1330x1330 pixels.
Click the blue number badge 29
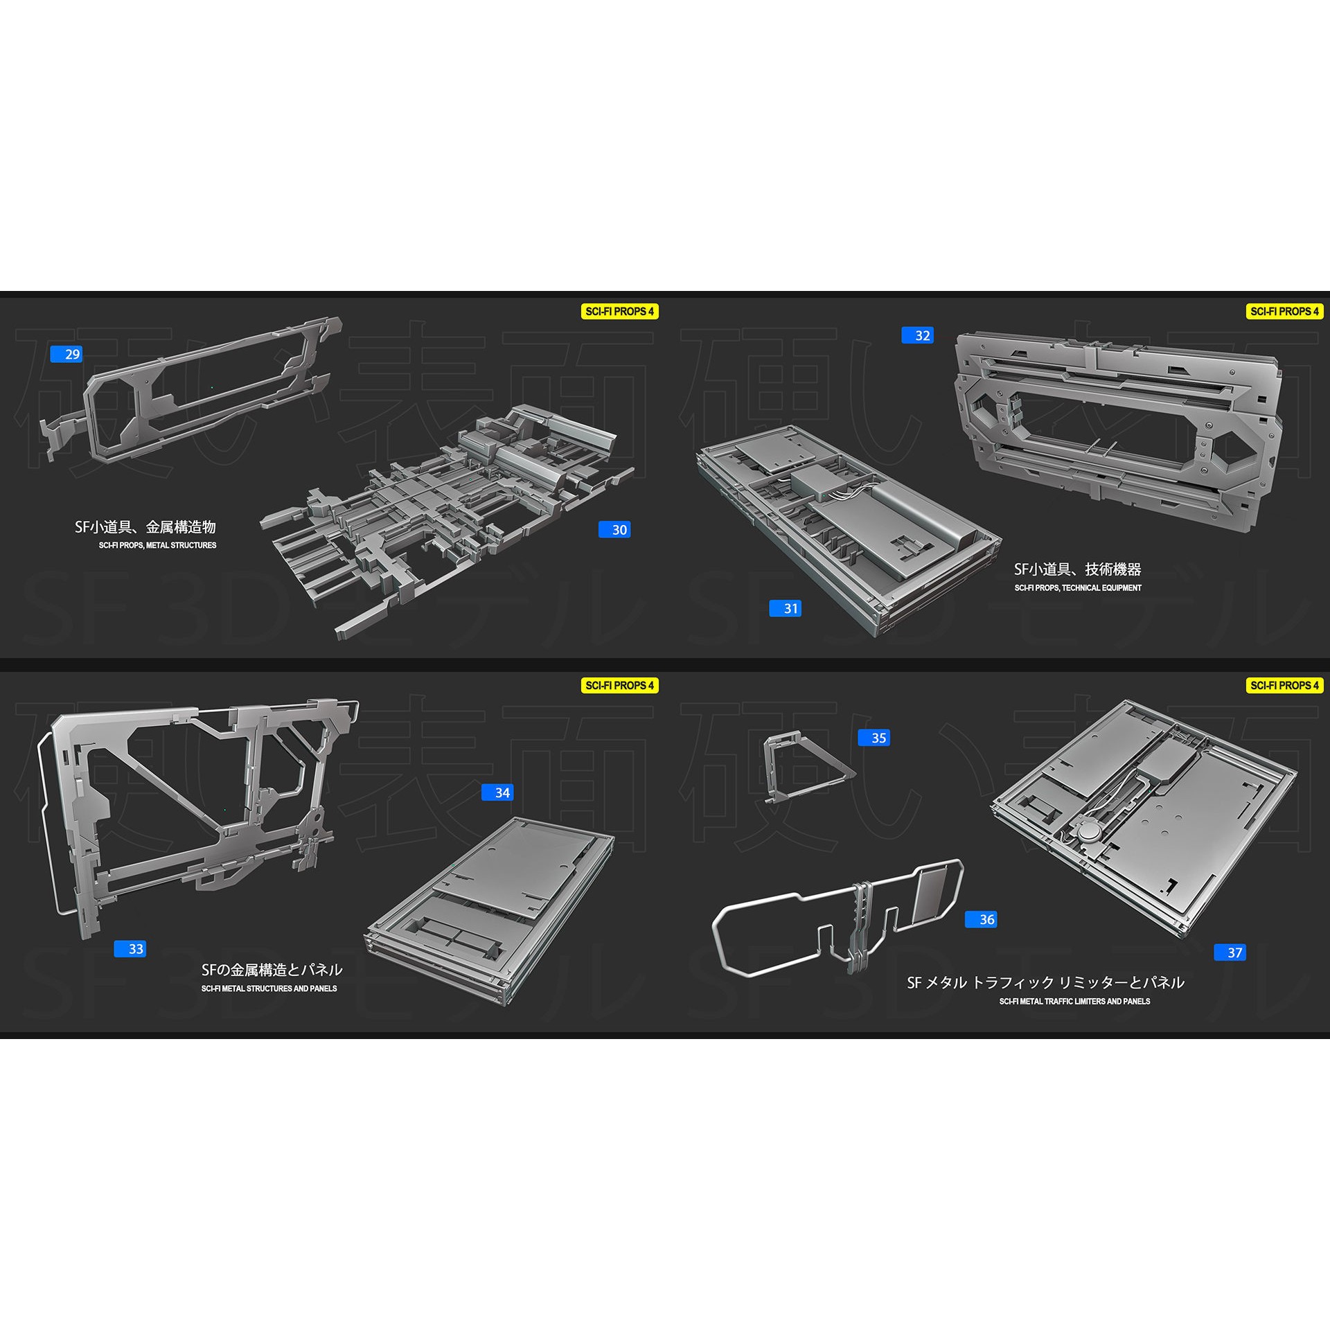pos(66,354)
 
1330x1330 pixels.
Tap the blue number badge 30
pos(614,529)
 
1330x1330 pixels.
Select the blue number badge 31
pos(786,608)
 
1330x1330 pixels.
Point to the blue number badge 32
pos(917,335)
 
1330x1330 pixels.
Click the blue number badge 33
pos(130,948)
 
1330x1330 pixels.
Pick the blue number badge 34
pos(497,792)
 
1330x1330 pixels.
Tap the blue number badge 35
pos(874,738)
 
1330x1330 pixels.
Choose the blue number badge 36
pos(981,919)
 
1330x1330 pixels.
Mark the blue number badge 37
pos(1230,952)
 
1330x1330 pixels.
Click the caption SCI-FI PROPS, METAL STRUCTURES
pos(157,545)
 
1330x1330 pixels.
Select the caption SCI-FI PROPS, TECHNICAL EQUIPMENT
pos(1078,587)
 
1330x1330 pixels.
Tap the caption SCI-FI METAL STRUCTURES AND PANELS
pos(269,988)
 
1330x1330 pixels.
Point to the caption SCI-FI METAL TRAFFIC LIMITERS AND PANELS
pos(1074,1001)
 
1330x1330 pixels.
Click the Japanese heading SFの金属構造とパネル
pos(272,969)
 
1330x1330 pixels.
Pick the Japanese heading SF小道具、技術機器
pos(1077,569)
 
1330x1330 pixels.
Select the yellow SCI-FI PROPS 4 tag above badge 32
pos(1285,312)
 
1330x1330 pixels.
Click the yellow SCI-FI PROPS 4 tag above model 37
pos(1285,685)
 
